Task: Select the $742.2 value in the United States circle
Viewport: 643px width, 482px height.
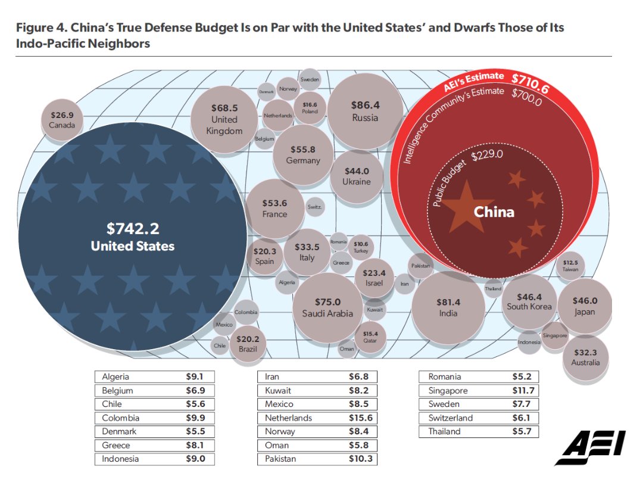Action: pos(132,229)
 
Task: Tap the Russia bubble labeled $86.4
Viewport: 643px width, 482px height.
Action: pos(365,111)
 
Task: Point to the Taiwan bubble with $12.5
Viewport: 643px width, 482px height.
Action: pos(570,266)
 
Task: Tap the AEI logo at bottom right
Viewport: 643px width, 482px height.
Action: pos(589,447)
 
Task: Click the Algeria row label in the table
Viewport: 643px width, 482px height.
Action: pos(116,377)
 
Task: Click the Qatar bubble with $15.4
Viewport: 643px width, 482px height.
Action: pos(370,337)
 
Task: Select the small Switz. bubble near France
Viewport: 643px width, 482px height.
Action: pos(314,207)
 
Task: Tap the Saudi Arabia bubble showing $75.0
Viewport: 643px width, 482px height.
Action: pos(327,307)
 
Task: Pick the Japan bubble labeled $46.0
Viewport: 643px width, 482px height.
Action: pos(585,306)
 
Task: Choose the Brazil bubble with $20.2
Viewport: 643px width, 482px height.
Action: pos(248,344)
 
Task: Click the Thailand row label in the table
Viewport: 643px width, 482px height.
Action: pos(444,431)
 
